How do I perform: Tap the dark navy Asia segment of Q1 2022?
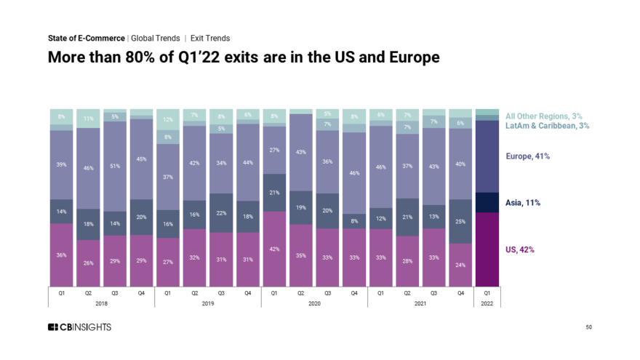[x=487, y=202]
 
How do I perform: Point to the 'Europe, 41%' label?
[x=528, y=156]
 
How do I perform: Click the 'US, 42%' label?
[x=520, y=249]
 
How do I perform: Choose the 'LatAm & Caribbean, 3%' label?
[x=547, y=126]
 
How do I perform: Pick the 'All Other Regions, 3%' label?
[x=544, y=116]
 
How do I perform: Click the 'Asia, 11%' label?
[x=523, y=203]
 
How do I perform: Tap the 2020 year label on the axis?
[x=314, y=303]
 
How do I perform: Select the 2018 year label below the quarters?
[x=101, y=303]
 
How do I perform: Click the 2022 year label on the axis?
[x=487, y=303]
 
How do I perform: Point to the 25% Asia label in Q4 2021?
[x=460, y=221]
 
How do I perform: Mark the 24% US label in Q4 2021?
[x=460, y=265]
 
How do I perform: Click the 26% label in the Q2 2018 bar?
[x=88, y=263]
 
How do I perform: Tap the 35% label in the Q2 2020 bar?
[x=300, y=256]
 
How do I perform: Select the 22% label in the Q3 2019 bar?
[x=220, y=213]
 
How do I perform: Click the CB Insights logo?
[x=79, y=327]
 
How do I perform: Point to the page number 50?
[x=588, y=328]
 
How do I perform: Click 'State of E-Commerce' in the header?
[x=86, y=38]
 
